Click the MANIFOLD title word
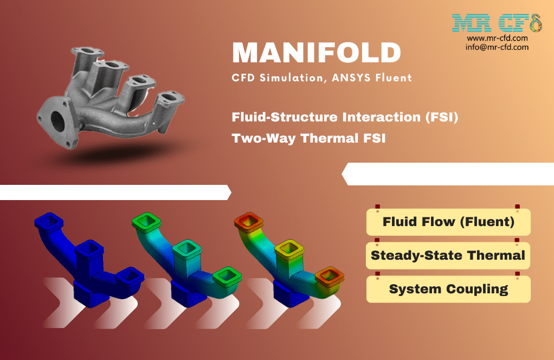pos(316,53)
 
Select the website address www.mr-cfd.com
pos(497,38)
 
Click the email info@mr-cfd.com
pos(497,47)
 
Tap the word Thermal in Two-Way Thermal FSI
pos(332,138)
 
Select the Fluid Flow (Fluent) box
pos(448,222)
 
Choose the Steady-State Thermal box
pos(448,255)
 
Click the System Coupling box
pos(448,289)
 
